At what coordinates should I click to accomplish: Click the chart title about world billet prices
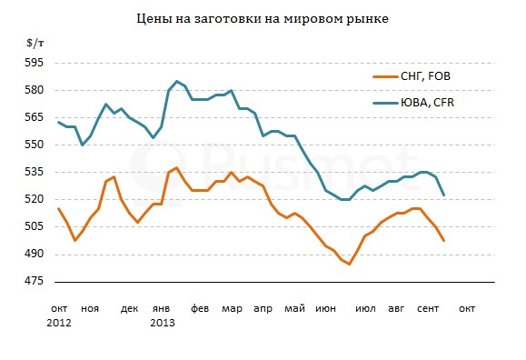(262, 18)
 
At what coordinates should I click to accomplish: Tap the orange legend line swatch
(384, 77)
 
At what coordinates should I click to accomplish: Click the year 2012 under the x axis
(61, 323)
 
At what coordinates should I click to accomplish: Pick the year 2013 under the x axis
(162, 323)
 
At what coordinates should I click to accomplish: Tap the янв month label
(161, 308)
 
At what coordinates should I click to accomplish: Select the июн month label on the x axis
(325, 308)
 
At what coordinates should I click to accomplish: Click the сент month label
(429, 308)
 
